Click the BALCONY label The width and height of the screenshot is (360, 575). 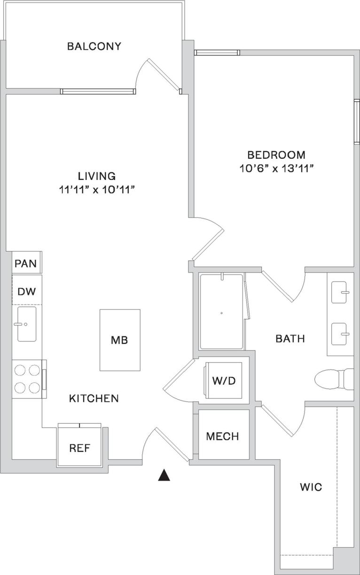(94, 46)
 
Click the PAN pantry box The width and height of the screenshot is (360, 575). (26, 263)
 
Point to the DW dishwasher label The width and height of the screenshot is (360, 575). (26, 291)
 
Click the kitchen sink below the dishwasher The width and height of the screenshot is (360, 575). (26, 324)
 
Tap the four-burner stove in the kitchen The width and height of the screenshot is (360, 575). (26, 379)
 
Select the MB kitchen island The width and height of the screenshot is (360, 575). (119, 340)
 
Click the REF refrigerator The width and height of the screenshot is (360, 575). (79, 447)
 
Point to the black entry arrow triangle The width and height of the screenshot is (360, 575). (163, 475)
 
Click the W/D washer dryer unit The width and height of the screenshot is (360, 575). (223, 381)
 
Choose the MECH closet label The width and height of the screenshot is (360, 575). (223, 436)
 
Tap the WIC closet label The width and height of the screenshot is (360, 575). (311, 487)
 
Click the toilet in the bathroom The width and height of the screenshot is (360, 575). (334, 379)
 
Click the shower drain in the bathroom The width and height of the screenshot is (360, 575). (221, 312)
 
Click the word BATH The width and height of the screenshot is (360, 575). (290, 338)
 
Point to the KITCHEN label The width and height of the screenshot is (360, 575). (94, 398)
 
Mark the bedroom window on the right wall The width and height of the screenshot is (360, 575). (357, 122)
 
